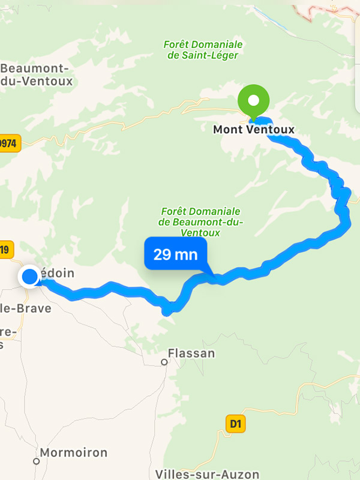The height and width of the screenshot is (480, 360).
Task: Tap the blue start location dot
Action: [29, 277]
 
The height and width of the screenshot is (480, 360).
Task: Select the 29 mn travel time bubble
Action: [175, 254]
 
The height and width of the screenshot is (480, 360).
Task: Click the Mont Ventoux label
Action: [254, 129]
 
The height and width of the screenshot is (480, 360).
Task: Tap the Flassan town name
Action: [191, 353]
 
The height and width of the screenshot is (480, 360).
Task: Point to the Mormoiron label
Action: [74, 452]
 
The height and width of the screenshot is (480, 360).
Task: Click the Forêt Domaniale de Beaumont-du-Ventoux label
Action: [200, 222]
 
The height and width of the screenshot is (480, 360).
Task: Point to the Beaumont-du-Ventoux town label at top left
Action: [36, 74]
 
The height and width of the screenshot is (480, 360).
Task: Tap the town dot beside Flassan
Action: [164, 362]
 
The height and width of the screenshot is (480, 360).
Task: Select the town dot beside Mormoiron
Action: [36, 461]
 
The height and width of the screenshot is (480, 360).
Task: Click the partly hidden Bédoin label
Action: [58, 273]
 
